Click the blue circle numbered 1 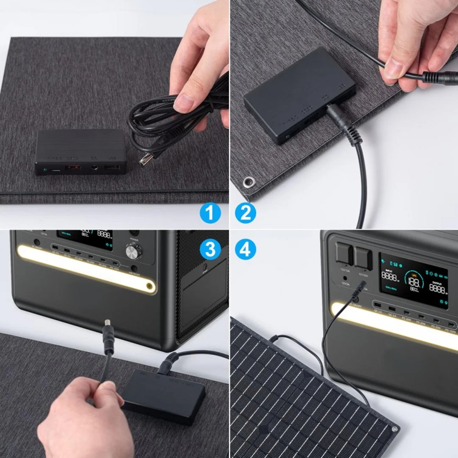pyautogui.click(x=211, y=213)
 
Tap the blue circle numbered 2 pyautogui.click(x=246, y=213)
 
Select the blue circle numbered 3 pyautogui.click(x=211, y=249)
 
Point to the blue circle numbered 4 pyautogui.click(x=246, y=249)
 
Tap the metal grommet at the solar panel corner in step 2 pyautogui.click(x=249, y=182)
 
